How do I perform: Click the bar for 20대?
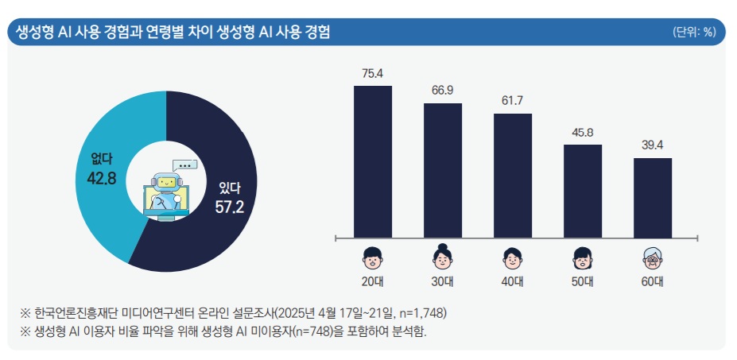pyautogui.click(x=372, y=161)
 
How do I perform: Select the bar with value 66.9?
pyautogui.click(x=442, y=170)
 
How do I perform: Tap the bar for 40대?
pyautogui.click(x=513, y=176)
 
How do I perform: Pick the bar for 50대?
pyautogui.click(x=583, y=191)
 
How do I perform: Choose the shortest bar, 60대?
pyautogui.click(x=653, y=197)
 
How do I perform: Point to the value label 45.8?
pyautogui.click(x=583, y=133)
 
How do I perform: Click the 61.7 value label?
pyautogui.click(x=513, y=102)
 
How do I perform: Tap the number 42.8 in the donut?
pyautogui.click(x=102, y=178)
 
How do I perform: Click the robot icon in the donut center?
pyautogui.click(x=165, y=191)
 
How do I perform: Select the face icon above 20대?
pyautogui.click(x=372, y=257)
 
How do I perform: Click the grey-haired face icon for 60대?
pyautogui.click(x=653, y=257)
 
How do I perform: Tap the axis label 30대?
pyautogui.click(x=442, y=281)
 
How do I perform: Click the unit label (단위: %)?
pyautogui.click(x=694, y=33)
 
